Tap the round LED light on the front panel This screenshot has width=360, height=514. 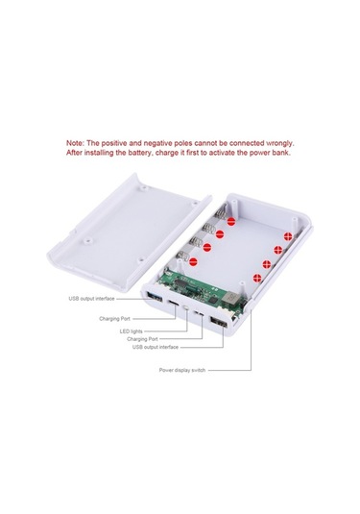[x=186, y=307]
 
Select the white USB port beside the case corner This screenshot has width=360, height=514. [x=219, y=322]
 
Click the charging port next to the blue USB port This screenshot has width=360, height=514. [x=174, y=304]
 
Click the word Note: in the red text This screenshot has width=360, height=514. [x=75, y=143]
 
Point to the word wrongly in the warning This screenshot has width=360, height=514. [x=279, y=143]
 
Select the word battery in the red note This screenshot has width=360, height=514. [x=140, y=153]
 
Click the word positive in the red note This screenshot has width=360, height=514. [x=113, y=143]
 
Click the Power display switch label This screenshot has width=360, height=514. [x=182, y=370]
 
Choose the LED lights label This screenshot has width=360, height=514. [x=131, y=331]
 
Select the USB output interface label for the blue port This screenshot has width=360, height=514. [x=91, y=299]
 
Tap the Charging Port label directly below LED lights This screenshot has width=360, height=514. [x=142, y=339]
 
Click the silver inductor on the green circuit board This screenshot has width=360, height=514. [x=230, y=298]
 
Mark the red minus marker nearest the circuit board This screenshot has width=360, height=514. [x=193, y=262]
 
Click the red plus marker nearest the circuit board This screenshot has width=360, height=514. [x=257, y=279]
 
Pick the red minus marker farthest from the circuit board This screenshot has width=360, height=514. [x=231, y=222]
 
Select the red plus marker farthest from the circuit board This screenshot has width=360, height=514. [x=288, y=236]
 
